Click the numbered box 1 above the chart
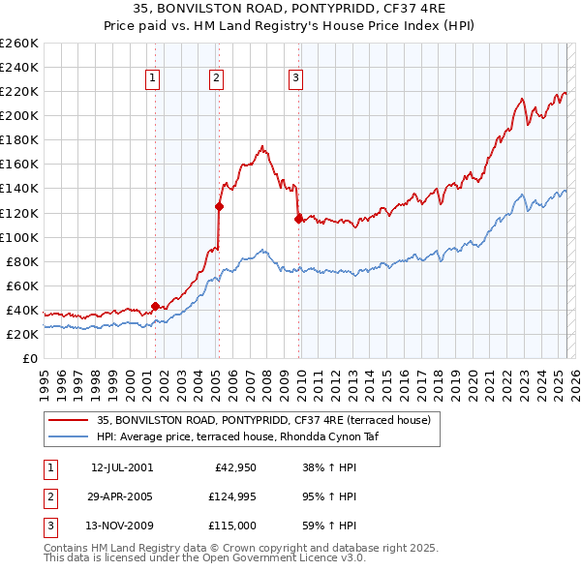tap(154, 79)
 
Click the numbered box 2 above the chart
tap(216, 79)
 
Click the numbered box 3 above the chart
tap(295, 79)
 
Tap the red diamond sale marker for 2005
tap(219, 206)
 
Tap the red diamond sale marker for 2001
tap(155, 306)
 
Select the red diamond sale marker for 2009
tap(298, 218)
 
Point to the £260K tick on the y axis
tap(19, 44)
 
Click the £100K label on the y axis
tap(19, 237)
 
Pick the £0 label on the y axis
tap(31, 358)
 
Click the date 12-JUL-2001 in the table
tap(122, 467)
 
